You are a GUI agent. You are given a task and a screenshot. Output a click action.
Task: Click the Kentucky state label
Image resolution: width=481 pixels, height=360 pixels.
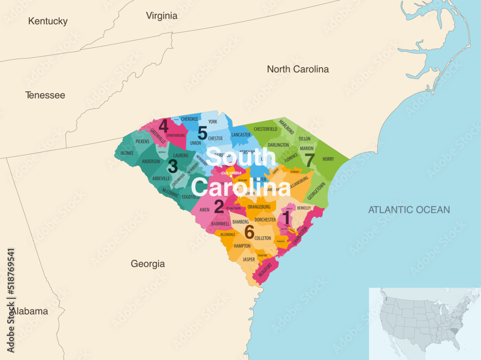[x=48, y=21]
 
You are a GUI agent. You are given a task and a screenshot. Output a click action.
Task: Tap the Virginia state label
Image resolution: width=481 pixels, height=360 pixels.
[x=162, y=16]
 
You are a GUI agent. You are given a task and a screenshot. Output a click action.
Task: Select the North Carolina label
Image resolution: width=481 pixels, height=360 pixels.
[x=298, y=69]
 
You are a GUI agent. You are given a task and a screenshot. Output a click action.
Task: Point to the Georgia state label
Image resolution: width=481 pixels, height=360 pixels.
[x=148, y=264]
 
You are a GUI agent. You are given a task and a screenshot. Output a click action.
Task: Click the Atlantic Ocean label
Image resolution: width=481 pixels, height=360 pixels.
[x=409, y=210]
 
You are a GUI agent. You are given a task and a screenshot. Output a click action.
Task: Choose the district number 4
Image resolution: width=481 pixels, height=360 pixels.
[x=164, y=126]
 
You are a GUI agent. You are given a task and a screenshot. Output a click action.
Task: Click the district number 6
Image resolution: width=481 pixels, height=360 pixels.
[x=249, y=232]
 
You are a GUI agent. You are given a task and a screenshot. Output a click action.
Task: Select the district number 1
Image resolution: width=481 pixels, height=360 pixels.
[x=287, y=217]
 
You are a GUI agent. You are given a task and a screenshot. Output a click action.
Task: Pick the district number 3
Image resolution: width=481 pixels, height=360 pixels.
[x=173, y=166]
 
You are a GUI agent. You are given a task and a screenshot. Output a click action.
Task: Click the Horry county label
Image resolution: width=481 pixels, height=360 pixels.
[x=328, y=159]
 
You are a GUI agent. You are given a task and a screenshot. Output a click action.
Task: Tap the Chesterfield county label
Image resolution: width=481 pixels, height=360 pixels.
[x=266, y=129]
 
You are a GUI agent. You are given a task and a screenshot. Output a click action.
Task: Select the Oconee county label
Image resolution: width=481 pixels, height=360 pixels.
[x=127, y=153]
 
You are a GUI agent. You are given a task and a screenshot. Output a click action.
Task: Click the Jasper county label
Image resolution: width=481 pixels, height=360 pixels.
[x=249, y=260]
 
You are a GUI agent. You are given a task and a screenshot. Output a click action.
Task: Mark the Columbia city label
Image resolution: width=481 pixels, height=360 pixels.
[x=231, y=173]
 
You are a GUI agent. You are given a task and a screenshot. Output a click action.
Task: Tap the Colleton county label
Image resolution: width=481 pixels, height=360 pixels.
[x=263, y=238]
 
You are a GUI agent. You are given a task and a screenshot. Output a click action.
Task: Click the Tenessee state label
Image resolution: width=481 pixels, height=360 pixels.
[x=45, y=95]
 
